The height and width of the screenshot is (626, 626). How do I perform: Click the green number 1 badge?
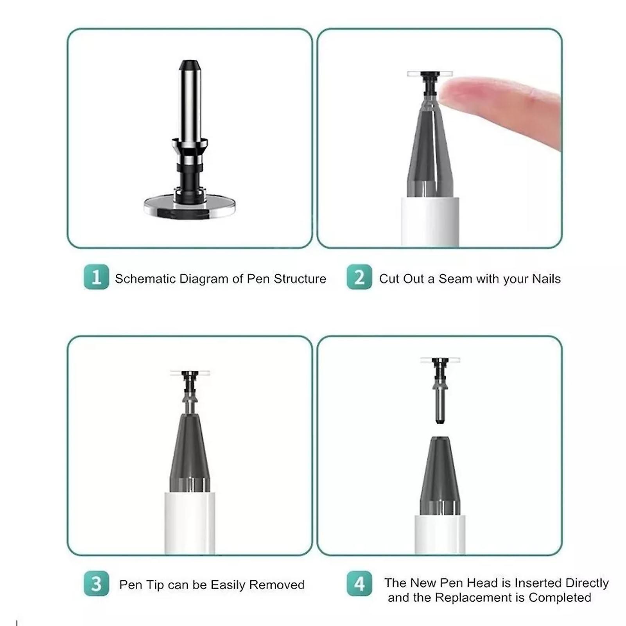pos(96,277)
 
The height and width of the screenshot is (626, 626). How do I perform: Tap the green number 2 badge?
pos(359,277)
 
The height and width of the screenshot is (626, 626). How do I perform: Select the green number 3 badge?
pos(96,584)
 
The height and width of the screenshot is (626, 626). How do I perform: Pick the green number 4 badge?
pos(359,584)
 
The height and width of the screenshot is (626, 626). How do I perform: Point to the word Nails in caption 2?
pos(546,279)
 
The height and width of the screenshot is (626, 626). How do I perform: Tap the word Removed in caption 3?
pos(277,585)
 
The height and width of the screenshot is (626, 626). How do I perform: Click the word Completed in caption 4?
pos(560,597)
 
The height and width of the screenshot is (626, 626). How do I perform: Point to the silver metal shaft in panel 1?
pos(190,102)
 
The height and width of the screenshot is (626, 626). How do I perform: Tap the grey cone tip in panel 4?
pos(440,475)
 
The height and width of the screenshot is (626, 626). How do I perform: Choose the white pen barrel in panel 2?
pos(430,222)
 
